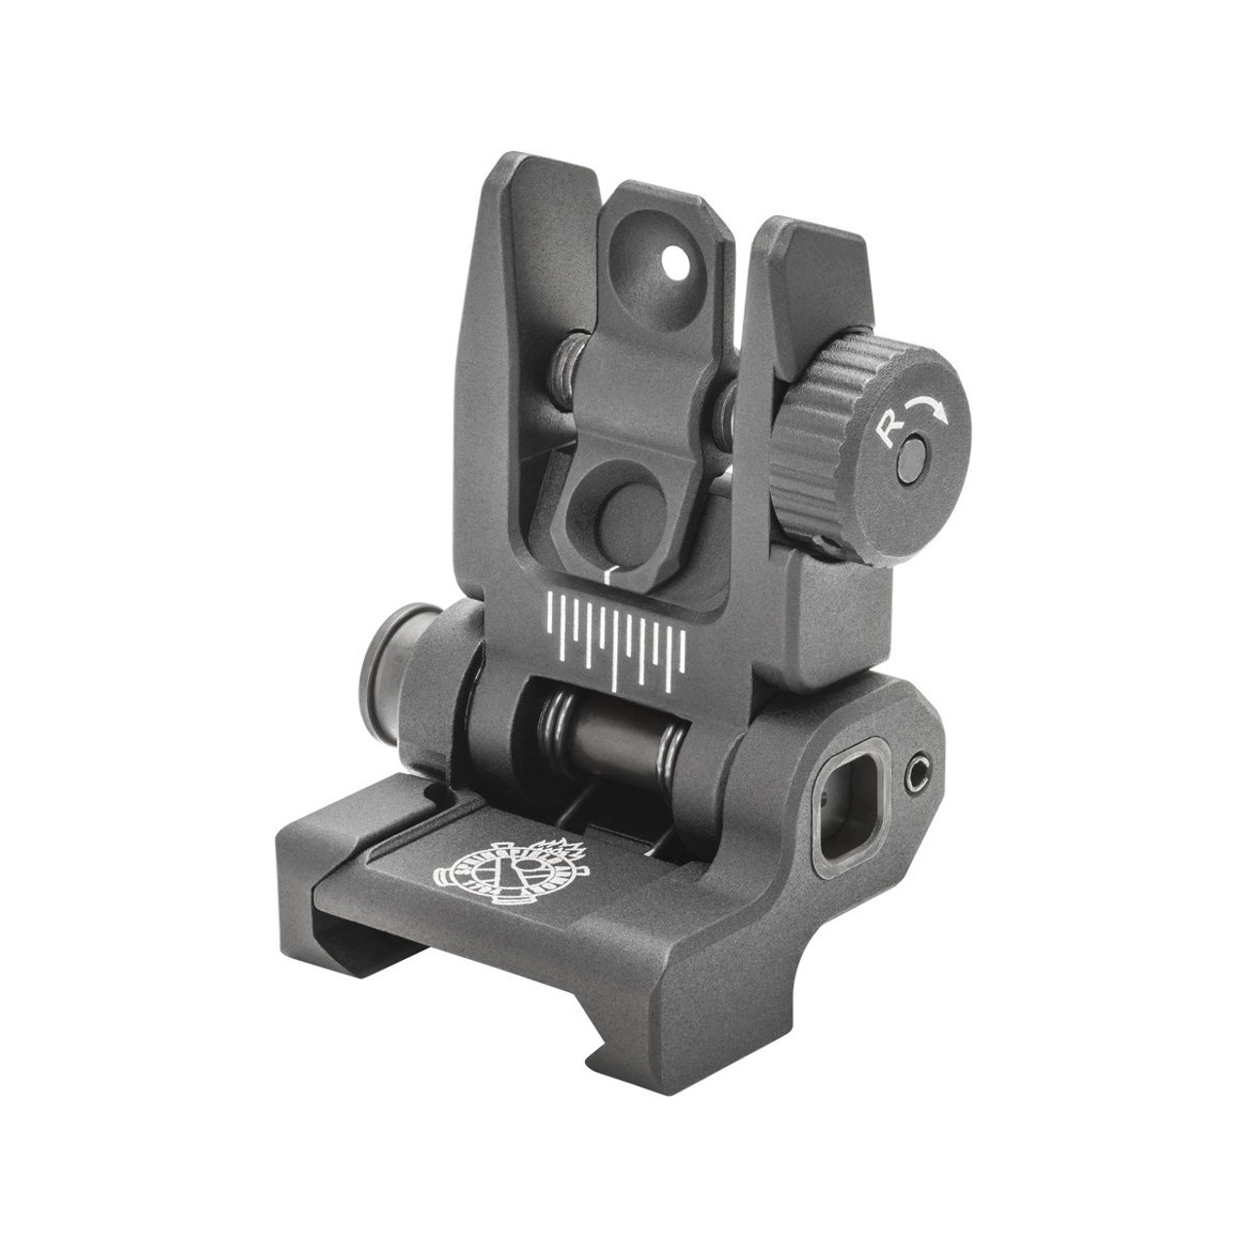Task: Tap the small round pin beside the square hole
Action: [x=914, y=775]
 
